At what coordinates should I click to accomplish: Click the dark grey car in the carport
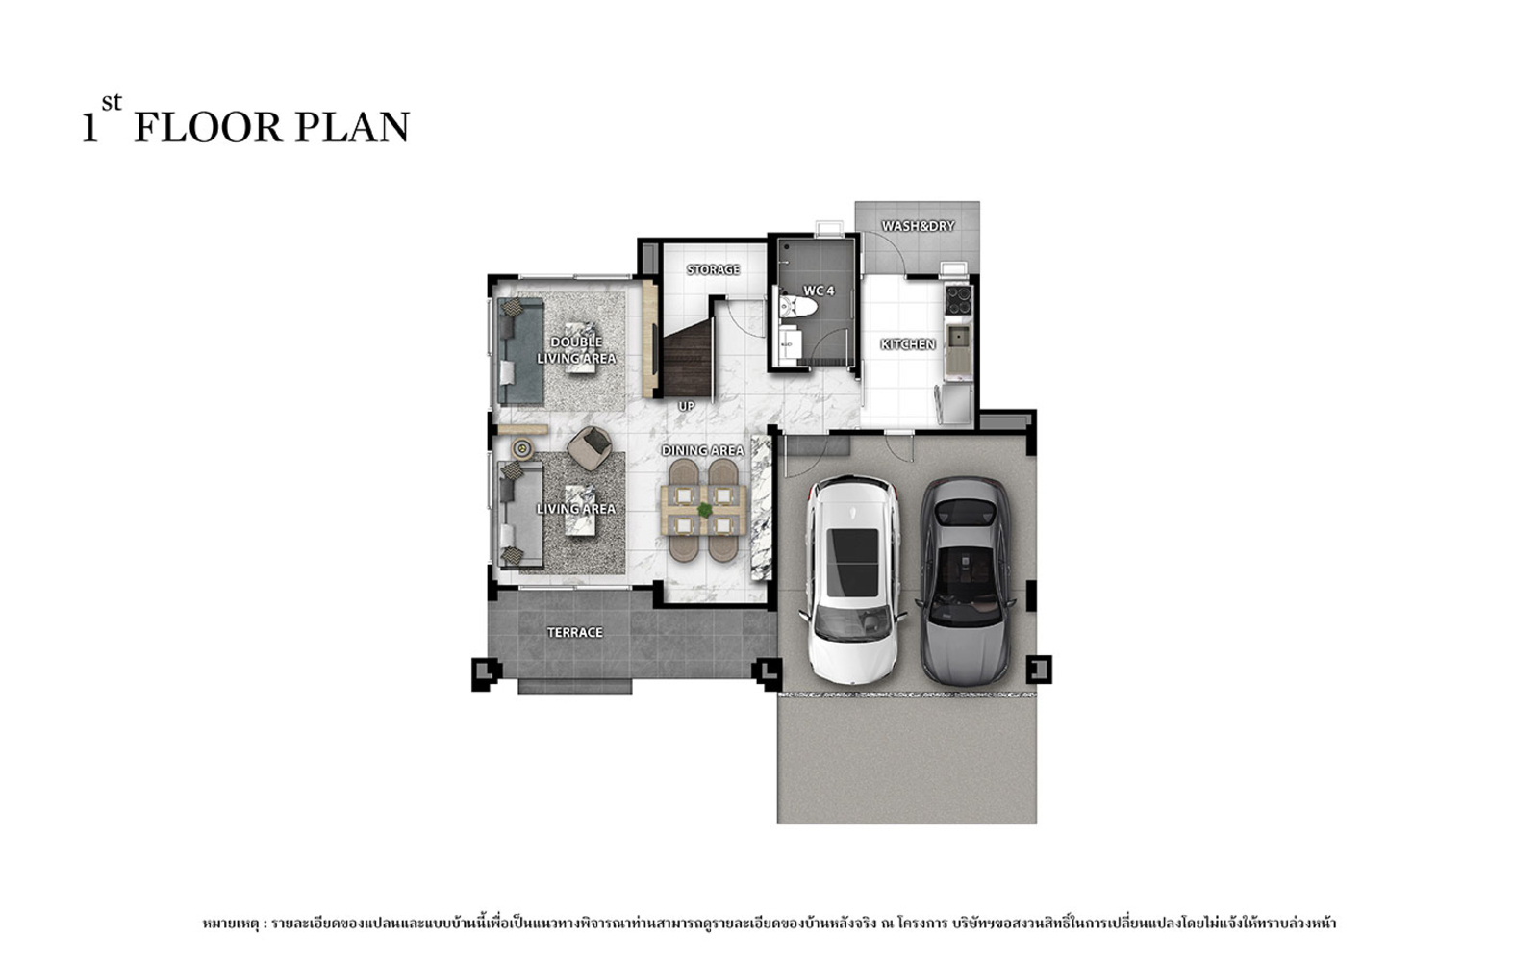(966, 581)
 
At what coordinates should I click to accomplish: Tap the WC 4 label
(819, 291)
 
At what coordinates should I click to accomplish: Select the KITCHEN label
(908, 344)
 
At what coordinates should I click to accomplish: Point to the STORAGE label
(713, 269)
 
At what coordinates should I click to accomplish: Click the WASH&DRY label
(918, 226)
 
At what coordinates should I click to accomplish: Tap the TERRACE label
(575, 632)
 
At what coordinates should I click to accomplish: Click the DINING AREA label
(702, 451)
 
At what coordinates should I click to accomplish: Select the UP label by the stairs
(687, 406)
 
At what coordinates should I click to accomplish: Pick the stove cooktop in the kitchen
(958, 300)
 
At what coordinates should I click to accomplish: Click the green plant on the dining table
(704, 510)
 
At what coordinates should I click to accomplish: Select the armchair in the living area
(589, 447)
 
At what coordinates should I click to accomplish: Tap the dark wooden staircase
(687, 363)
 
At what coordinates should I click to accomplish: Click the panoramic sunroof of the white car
(852, 563)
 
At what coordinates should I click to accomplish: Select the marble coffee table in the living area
(580, 510)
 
